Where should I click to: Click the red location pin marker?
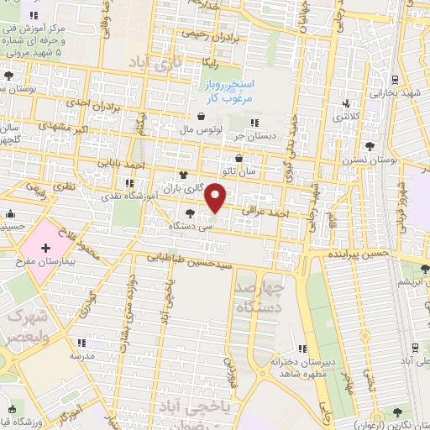click(216, 197)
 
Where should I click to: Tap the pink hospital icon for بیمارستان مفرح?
click(45, 249)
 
